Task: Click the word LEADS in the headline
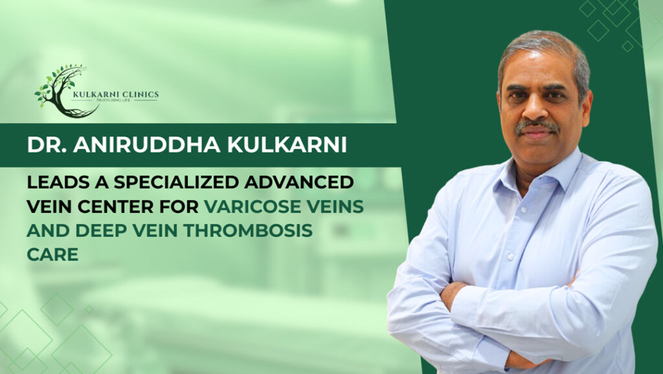pyautogui.click(x=53, y=182)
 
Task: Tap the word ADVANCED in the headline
pyautogui.click(x=309, y=182)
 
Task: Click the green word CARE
pyautogui.click(x=52, y=254)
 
